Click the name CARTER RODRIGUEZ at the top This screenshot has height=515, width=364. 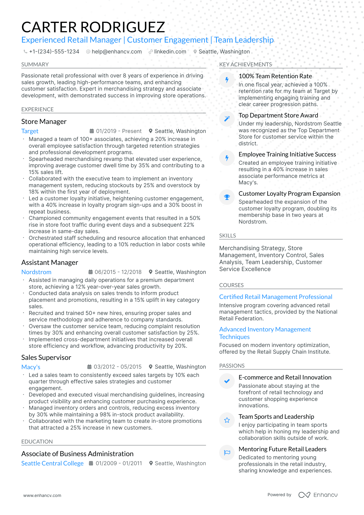coord(93,27)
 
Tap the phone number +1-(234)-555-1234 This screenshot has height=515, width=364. coord(54,52)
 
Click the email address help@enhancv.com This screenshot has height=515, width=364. coord(117,52)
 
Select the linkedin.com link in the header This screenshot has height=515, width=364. coord(170,52)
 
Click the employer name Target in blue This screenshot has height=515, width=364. coord(30,131)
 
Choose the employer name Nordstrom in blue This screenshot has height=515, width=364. coord(36,272)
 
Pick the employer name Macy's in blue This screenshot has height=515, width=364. coord(31,367)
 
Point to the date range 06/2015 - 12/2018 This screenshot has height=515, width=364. coord(118,272)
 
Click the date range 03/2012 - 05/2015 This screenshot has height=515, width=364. coord(117,367)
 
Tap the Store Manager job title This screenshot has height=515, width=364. coord(44,122)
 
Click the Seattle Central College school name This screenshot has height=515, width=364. coord(52,463)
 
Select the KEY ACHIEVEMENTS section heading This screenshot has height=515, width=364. coord(245,65)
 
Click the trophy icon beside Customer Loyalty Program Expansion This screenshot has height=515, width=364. coord(227,197)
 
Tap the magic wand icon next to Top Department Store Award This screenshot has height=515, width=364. coord(227,119)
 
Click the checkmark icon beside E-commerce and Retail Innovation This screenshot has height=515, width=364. coord(227,381)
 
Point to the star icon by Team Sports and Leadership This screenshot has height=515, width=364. coord(227,420)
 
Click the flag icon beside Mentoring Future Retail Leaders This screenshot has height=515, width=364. coord(227,453)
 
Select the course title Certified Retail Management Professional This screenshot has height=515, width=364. coord(275,297)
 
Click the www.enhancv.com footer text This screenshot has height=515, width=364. coord(42,495)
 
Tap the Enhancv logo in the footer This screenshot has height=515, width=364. coord(318,495)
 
